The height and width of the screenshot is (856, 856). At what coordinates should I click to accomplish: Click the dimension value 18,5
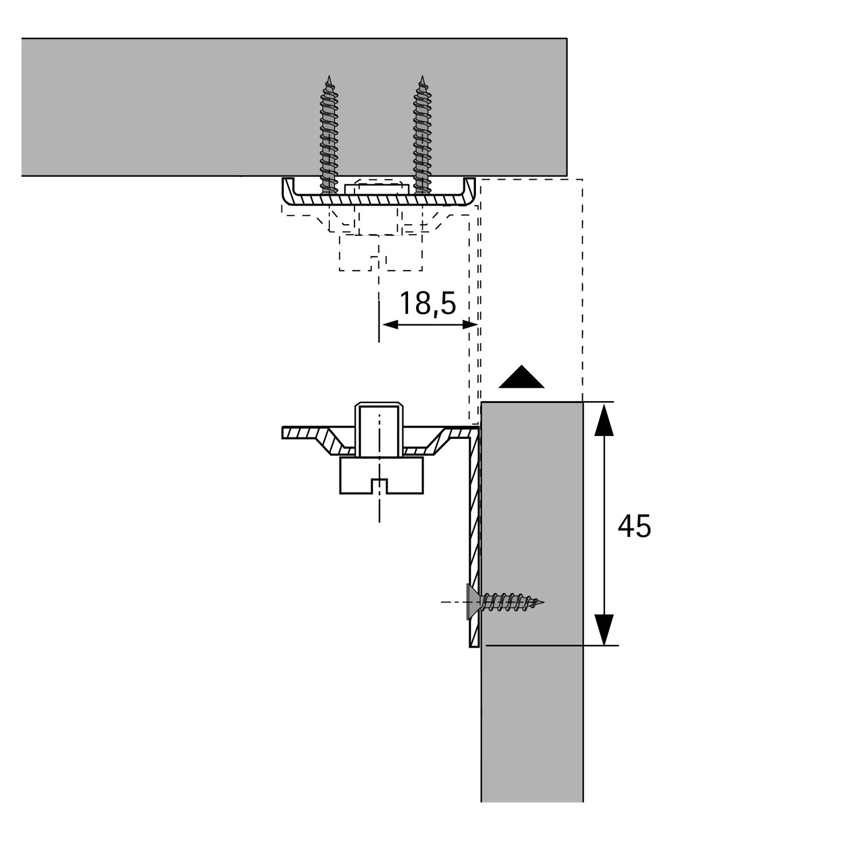[x=427, y=303]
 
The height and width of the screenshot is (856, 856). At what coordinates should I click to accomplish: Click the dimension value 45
[x=634, y=526]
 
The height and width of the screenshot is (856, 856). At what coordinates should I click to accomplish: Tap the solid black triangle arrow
[x=521, y=378]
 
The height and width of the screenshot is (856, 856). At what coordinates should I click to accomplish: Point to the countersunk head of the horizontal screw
[x=473, y=602]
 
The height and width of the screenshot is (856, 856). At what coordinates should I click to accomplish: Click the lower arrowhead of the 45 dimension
[x=604, y=629]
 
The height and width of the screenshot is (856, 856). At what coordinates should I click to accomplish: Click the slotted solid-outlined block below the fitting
[x=381, y=475]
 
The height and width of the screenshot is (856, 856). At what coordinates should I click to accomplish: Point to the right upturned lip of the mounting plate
[x=470, y=191]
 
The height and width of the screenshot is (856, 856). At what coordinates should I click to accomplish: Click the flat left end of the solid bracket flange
[x=284, y=433]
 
